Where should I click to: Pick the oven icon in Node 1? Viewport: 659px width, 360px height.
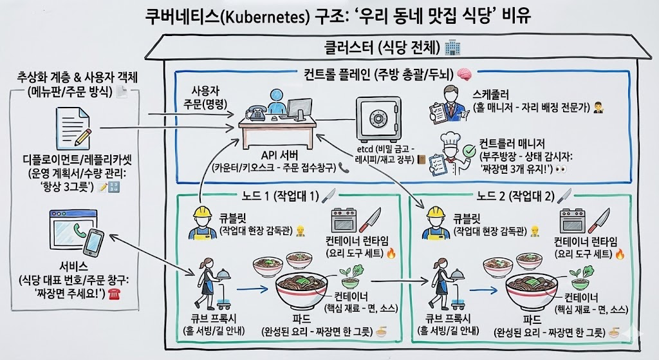pyautogui.click(x=344, y=220)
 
